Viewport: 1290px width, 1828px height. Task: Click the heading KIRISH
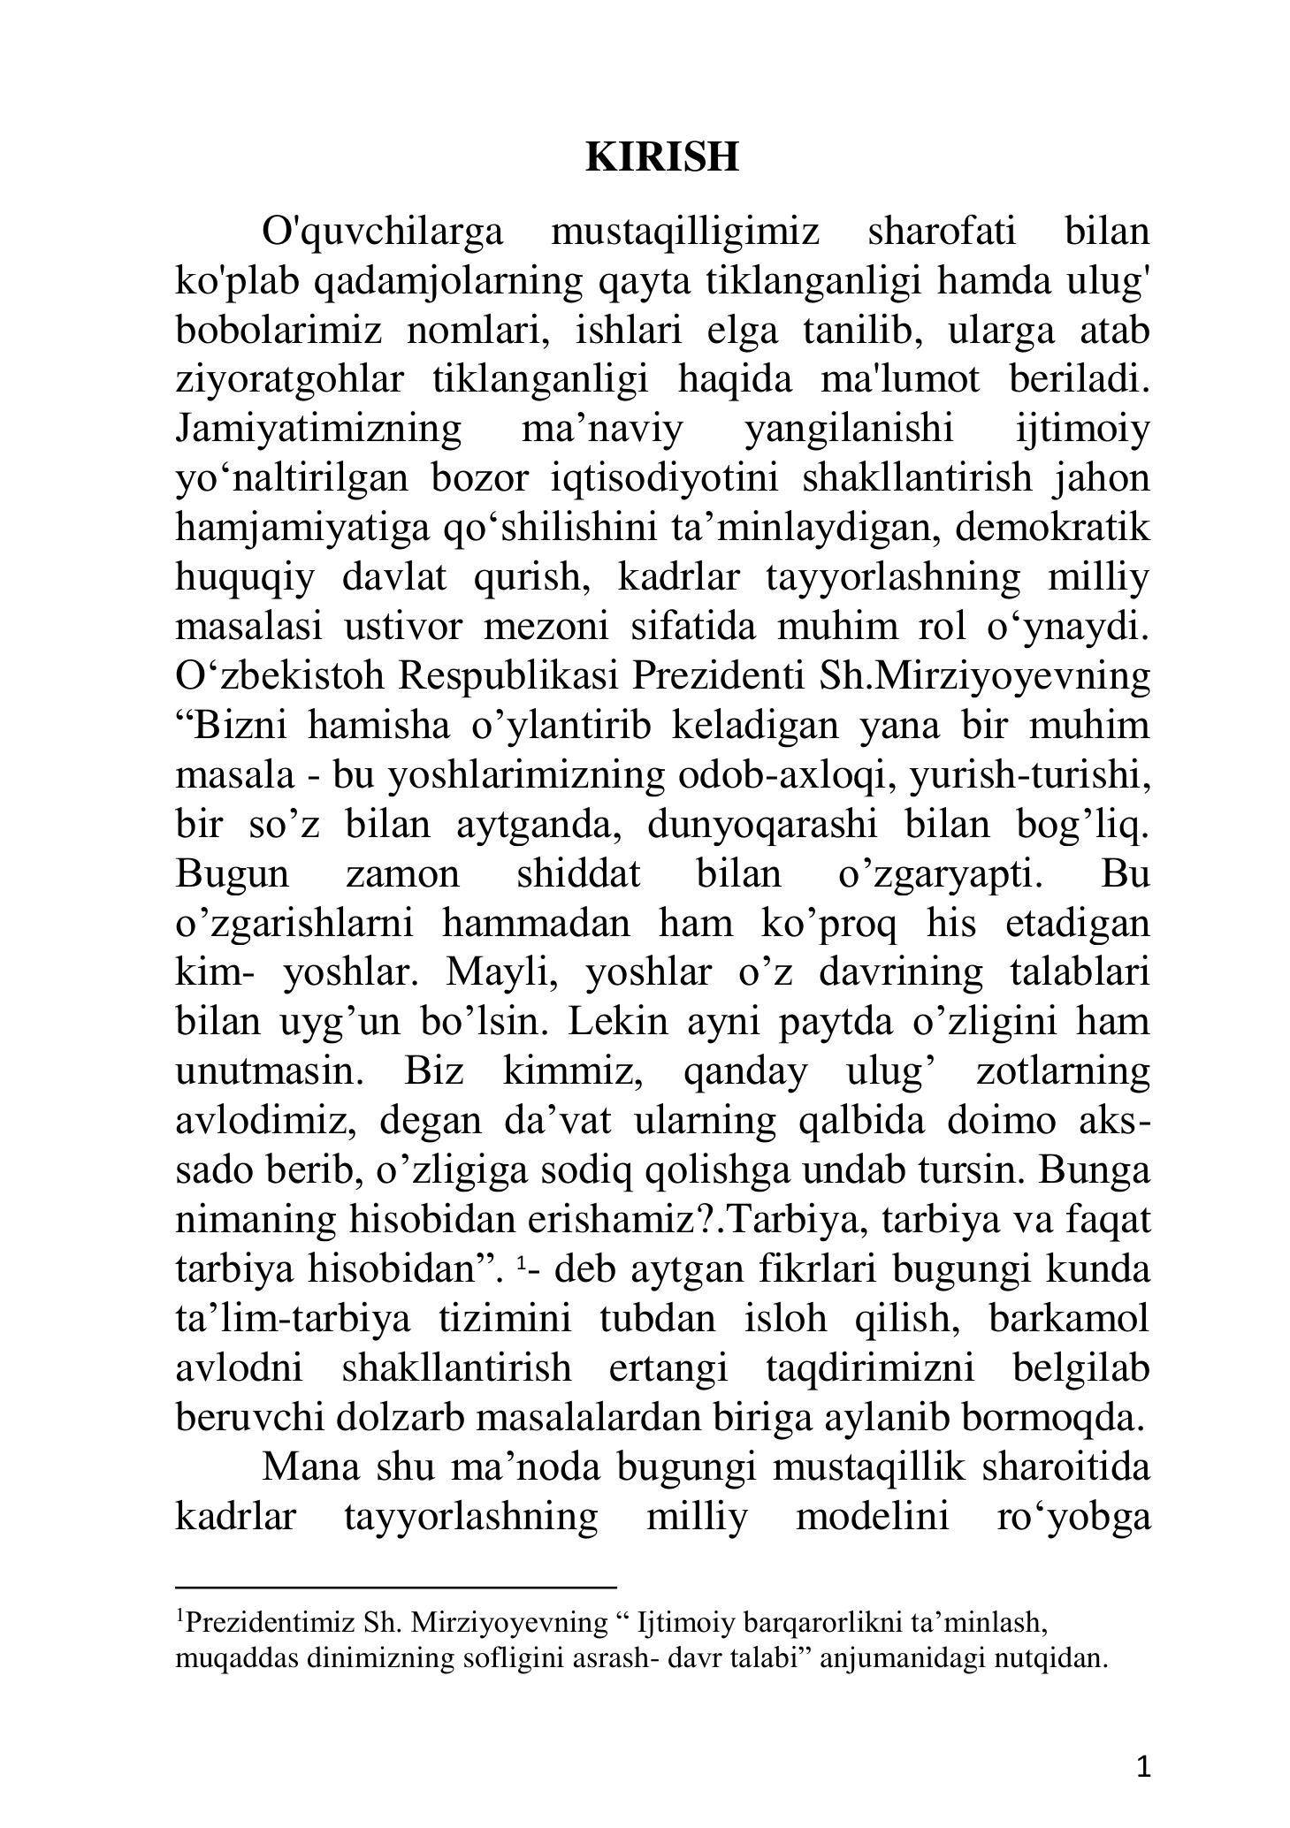pos(661,157)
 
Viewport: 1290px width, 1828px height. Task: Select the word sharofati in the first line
pos(942,232)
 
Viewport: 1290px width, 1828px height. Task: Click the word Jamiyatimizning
pos(318,430)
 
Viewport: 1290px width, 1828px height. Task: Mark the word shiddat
pos(577,874)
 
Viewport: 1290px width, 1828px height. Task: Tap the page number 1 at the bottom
pos(1142,1767)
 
